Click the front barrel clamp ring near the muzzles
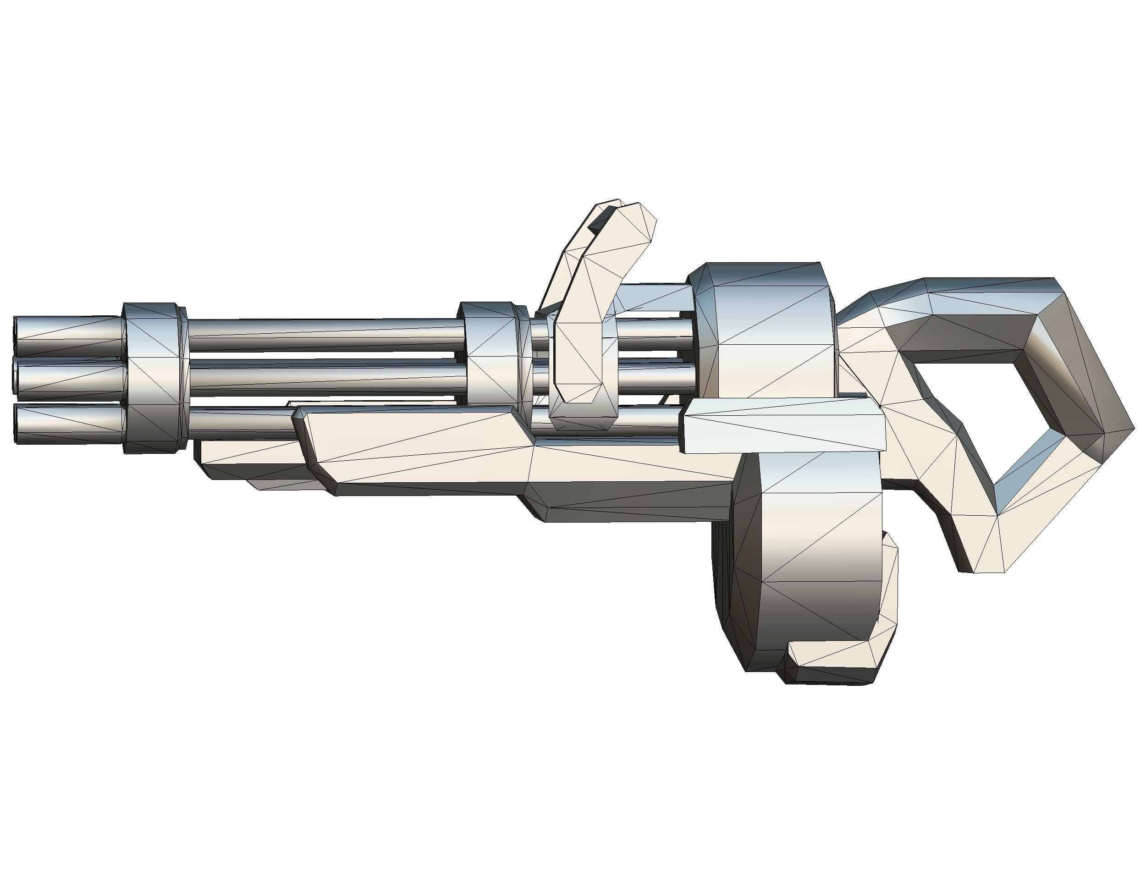click(154, 379)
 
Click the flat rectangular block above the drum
click(782, 425)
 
